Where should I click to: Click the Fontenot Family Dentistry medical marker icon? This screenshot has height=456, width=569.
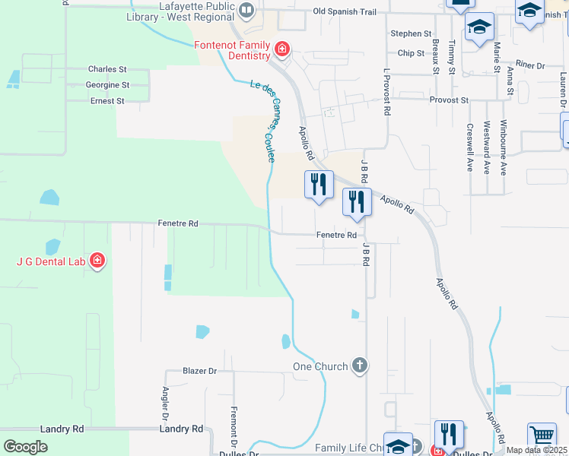pos(281,50)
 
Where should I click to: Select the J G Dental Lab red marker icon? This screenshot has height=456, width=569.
pos(97,261)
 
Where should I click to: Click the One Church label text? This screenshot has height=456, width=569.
pos(320,366)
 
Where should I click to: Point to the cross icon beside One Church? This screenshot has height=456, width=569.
pos(360,366)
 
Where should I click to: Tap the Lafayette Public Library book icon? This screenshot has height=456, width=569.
pos(246,11)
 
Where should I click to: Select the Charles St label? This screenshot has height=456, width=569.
pos(106,69)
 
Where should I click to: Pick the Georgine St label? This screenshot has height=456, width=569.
pos(107,85)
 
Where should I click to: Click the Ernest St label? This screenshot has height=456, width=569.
pos(107,101)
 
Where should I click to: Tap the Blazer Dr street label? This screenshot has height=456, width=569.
pos(200,371)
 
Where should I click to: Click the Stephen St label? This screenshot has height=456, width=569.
pos(411,34)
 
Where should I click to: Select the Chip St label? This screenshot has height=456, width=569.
pos(411,53)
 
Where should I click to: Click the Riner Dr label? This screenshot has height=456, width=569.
pos(530,66)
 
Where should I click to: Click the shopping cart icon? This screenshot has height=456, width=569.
pos(542,436)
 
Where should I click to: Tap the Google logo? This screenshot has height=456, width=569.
pos(26,447)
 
